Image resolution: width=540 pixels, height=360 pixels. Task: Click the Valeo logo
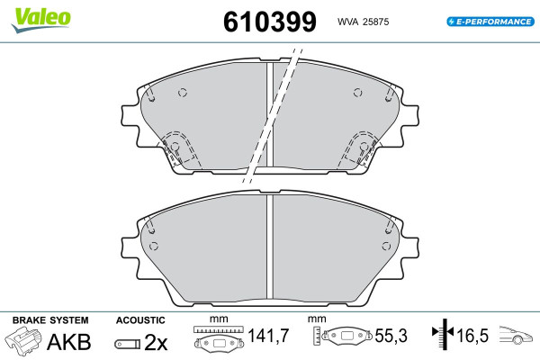point(40,20)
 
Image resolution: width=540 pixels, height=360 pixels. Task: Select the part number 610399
point(270,22)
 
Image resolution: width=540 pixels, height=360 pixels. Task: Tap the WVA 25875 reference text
point(363,22)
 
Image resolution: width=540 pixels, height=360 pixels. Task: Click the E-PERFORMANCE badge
point(490,22)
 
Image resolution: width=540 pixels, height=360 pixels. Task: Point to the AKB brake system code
point(69,342)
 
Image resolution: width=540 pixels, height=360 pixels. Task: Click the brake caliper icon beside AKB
point(23,339)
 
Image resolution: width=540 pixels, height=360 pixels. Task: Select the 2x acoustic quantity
point(156,342)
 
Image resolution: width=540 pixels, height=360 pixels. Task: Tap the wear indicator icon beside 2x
point(128,344)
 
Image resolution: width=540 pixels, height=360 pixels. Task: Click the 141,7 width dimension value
point(268,336)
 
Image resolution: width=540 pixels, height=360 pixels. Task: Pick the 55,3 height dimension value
point(391,336)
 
